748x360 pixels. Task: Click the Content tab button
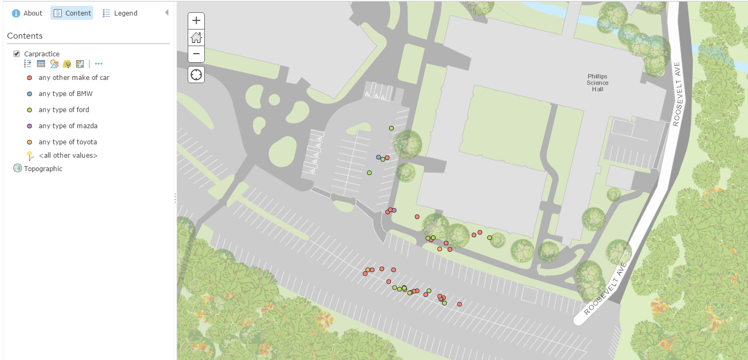coord(72,13)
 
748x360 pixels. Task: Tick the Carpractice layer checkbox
coord(17,54)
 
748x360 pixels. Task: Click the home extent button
coord(196,37)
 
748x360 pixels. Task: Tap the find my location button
coord(196,74)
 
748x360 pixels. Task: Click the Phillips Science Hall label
coord(597,83)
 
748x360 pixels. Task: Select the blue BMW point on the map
coord(379,157)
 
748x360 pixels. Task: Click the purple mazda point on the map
coord(394,210)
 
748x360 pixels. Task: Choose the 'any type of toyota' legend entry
coord(68,142)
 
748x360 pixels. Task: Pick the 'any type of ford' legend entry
coord(64,110)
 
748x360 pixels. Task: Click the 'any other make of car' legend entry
coord(73,78)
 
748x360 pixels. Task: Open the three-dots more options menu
coord(99,64)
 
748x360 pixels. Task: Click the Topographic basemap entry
coord(43,169)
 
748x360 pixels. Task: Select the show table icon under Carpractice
coord(41,64)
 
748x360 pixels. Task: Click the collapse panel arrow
coord(167,12)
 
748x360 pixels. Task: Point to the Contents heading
coord(25,36)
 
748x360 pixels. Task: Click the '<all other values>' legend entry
coord(68,156)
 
